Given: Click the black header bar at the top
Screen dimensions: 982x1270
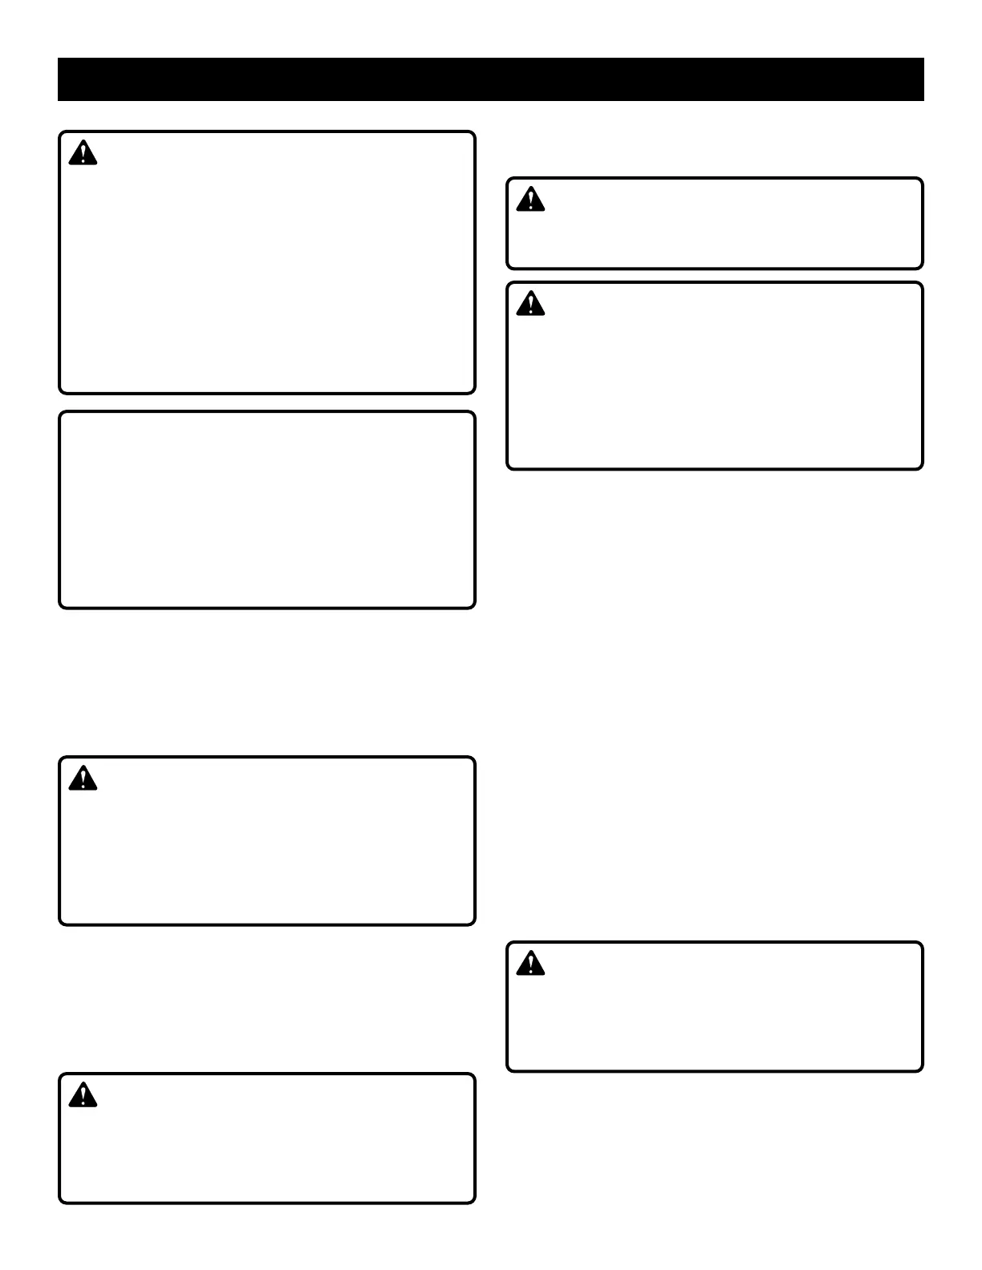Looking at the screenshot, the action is point(490,79).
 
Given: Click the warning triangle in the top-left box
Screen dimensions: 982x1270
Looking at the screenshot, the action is point(83,153).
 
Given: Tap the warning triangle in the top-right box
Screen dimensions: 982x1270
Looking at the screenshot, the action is point(530,200).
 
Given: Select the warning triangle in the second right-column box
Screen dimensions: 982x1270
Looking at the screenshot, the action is point(530,304).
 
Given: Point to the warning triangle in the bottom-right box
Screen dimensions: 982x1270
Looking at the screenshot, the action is point(530,964).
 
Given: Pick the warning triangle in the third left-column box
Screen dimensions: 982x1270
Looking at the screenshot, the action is point(83,779).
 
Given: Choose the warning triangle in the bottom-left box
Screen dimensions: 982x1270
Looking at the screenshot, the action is point(83,1095).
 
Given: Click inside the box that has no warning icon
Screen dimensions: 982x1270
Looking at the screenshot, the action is point(267,510).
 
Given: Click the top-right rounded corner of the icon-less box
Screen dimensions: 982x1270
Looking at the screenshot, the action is point(472,415).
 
